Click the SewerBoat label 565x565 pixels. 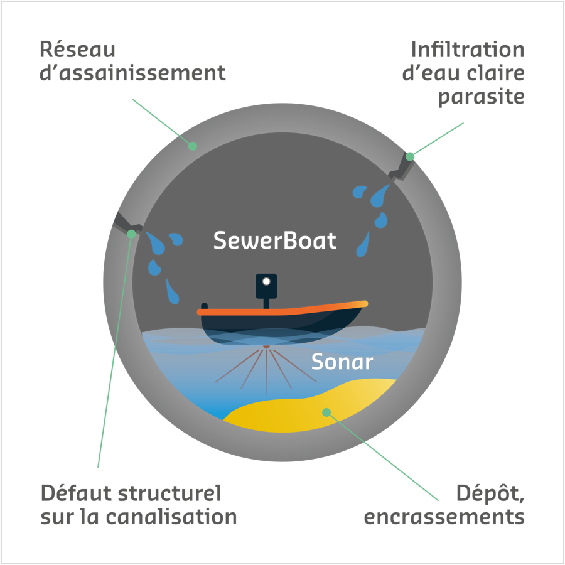[275, 240]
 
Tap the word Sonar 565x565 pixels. [342, 362]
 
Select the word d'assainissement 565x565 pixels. [132, 73]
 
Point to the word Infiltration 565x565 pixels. [468, 50]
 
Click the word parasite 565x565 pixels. [481, 97]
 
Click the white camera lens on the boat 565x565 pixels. [266, 281]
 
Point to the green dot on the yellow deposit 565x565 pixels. [326, 412]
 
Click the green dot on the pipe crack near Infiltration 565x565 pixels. [410, 156]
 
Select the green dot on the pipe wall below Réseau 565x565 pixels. [193, 146]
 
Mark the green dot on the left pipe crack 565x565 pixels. [131, 234]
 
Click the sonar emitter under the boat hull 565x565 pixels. [267, 347]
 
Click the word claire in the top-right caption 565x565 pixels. [495, 73]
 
